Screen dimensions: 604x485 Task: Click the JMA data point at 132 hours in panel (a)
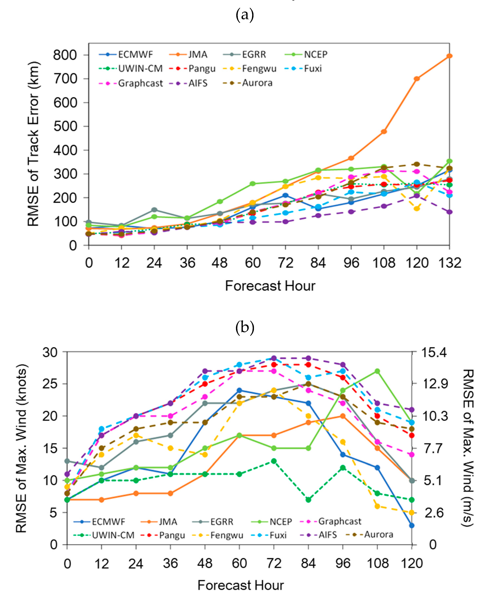(x=449, y=56)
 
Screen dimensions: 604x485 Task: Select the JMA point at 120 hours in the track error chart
(x=416, y=79)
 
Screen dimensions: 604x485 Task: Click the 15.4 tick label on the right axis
(x=434, y=352)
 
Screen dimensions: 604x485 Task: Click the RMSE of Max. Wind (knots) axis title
(x=22, y=448)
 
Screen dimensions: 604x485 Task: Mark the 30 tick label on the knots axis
(x=50, y=352)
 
